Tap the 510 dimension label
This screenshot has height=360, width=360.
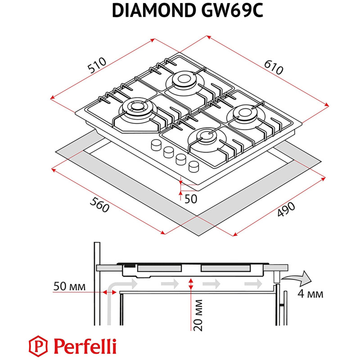[97, 66]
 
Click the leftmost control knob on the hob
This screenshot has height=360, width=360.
[157, 145]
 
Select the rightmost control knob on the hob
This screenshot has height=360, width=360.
[193, 166]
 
